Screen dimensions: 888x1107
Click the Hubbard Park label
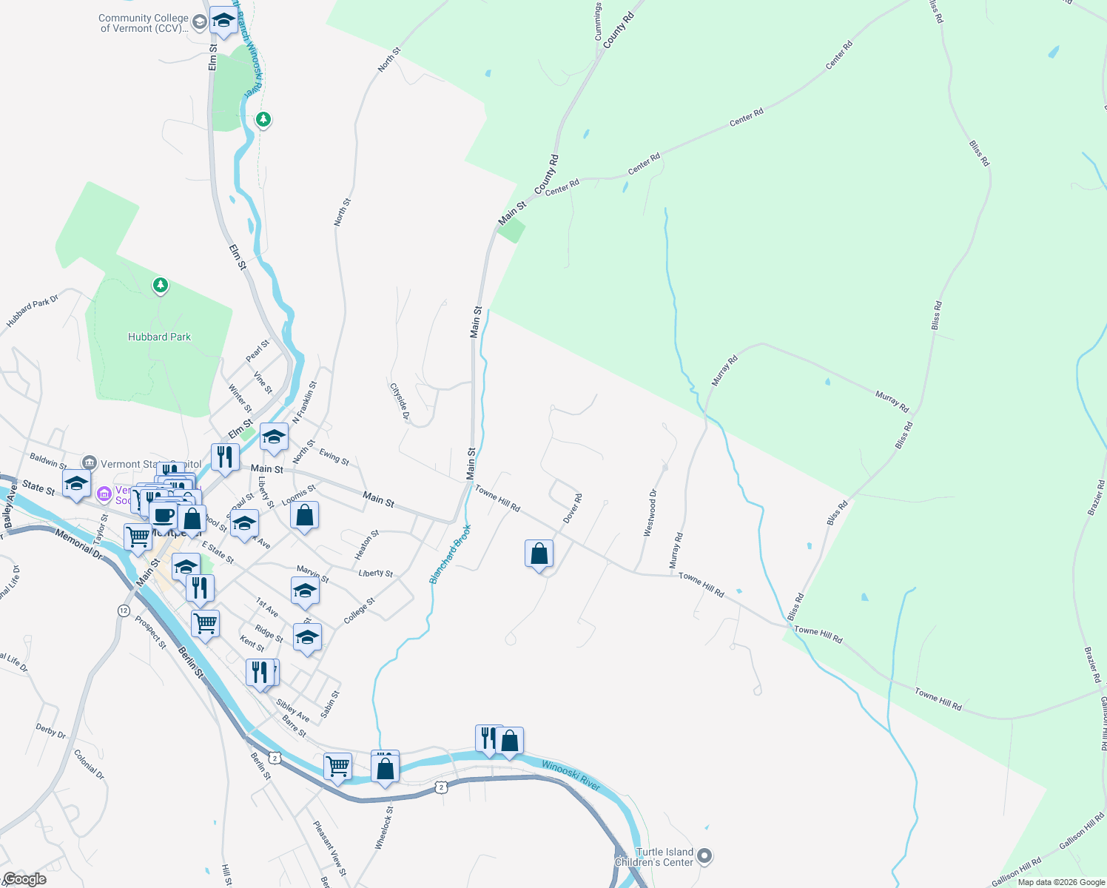coord(159,337)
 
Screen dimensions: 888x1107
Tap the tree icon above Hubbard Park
coord(160,285)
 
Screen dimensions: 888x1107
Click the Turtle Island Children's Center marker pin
coord(704,856)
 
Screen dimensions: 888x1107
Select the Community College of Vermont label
coord(144,23)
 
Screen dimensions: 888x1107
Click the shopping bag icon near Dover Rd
coord(539,554)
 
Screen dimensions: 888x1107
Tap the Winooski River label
coord(571,774)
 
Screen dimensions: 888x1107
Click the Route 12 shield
coord(124,610)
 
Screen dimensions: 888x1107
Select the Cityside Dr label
coord(400,401)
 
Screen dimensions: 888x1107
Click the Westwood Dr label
coord(650,513)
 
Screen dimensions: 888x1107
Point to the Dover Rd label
coord(573,508)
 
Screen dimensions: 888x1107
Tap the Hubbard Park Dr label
coord(33,312)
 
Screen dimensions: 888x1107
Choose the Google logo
coord(24,879)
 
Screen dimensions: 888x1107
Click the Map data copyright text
coord(1060,882)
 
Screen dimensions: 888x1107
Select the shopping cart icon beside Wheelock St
coord(337,767)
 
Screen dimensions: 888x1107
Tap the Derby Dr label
coord(51,731)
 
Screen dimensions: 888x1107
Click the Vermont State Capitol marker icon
coord(90,463)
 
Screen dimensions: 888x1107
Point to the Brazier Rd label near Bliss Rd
coord(1096,497)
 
